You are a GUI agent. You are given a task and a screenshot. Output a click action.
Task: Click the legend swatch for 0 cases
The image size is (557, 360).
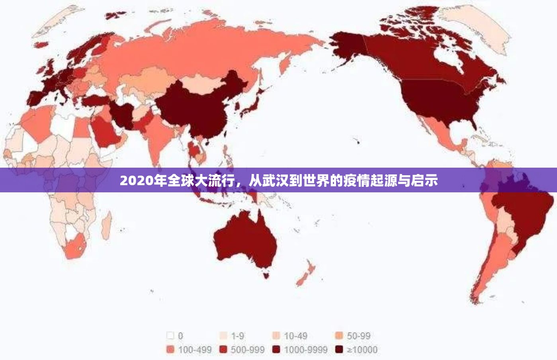(x=171, y=336)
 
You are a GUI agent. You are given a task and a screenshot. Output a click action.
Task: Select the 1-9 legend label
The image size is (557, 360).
(x=237, y=336)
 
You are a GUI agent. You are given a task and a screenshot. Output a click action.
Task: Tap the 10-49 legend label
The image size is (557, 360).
(x=295, y=336)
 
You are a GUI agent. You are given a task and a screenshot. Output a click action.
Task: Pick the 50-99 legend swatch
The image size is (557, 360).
(x=339, y=336)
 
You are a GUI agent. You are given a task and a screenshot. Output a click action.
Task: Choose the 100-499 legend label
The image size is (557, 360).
(x=195, y=350)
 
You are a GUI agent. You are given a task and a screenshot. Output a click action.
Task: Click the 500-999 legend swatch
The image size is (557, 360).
(x=223, y=350)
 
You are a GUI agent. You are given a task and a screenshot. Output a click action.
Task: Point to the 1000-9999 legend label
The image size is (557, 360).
(x=305, y=350)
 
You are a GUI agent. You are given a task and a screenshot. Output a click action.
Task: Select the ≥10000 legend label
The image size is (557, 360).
(x=362, y=350)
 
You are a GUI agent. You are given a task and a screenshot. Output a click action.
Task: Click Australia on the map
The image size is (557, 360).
(x=245, y=239)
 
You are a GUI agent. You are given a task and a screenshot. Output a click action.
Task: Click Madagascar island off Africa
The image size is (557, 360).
(x=106, y=225)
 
